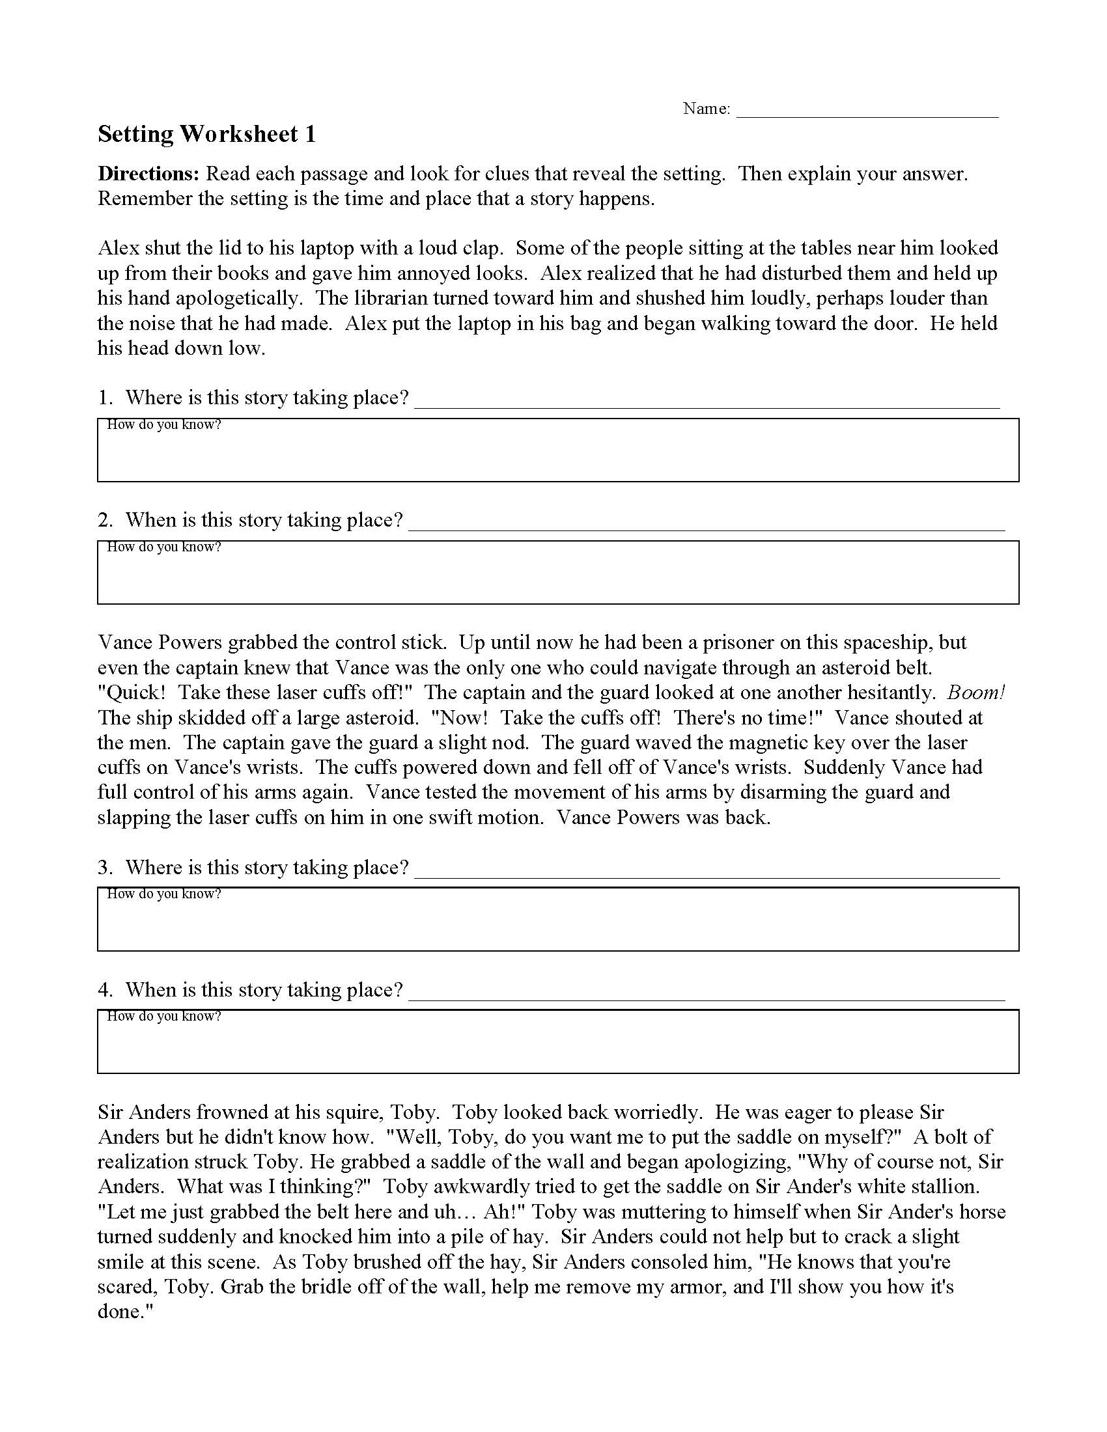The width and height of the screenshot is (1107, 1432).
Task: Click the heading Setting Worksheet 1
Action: (x=206, y=135)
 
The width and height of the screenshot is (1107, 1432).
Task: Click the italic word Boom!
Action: (x=977, y=693)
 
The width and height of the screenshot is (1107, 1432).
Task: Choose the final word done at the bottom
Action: (x=120, y=1312)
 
